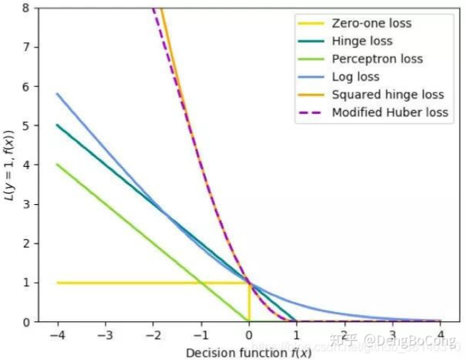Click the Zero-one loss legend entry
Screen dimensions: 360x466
click(x=370, y=23)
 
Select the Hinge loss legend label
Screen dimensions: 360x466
click(x=361, y=41)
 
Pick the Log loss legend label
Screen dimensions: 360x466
click(x=355, y=77)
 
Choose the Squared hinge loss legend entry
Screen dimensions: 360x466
click(x=386, y=95)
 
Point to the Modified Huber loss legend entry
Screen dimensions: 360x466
click(x=390, y=112)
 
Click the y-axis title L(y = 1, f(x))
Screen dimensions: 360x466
click(x=10, y=164)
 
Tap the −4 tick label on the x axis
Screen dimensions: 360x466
click(x=56, y=336)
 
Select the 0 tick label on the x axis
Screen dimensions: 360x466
click(x=249, y=336)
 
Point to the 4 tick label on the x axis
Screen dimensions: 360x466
click(x=440, y=336)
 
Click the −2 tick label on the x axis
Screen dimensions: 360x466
click(x=152, y=336)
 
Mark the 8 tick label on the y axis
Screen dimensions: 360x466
click(x=26, y=8)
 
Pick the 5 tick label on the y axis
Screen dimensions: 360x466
click(x=26, y=126)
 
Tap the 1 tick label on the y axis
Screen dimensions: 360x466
click(x=26, y=282)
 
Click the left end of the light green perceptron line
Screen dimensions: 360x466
click(x=57, y=164)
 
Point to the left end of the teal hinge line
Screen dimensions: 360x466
click(x=57, y=125)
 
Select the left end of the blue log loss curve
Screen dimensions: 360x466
click(x=57, y=94)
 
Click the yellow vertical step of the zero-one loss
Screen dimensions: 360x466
click(x=249, y=302)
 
